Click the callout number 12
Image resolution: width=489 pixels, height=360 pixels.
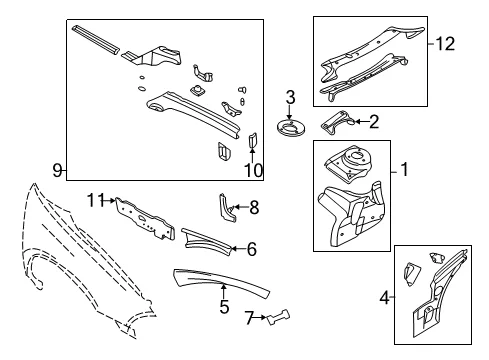click(x=445, y=44)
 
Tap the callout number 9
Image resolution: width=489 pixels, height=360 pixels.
click(x=57, y=171)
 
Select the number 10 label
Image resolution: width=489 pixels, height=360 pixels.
click(x=254, y=170)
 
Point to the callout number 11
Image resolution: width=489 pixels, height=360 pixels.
click(x=96, y=201)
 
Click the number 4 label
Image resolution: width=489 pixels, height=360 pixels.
click(x=384, y=297)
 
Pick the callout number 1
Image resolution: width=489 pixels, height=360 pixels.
click(x=405, y=169)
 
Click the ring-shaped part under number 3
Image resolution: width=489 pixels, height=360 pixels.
click(x=290, y=128)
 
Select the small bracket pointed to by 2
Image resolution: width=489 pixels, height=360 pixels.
click(x=338, y=123)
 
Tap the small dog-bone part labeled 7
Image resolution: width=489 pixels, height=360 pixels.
click(x=279, y=317)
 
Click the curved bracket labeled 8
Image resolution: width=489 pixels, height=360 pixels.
click(x=227, y=207)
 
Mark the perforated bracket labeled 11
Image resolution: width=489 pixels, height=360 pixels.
click(x=145, y=219)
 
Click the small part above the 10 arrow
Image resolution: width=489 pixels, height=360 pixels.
click(x=253, y=140)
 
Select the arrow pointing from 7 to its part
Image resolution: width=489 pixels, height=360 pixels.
click(x=261, y=318)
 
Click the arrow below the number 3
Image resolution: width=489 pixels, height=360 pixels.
click(x=290, y=112)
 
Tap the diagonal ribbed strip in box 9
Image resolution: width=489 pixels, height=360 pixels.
click(x=95, y=39)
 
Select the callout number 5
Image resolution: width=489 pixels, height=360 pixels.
click(x=224, y=307)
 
